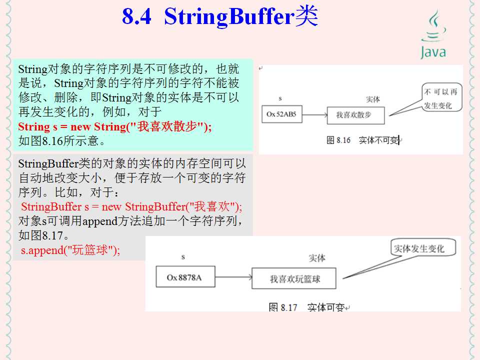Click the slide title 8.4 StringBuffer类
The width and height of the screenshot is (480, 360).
[220, 16]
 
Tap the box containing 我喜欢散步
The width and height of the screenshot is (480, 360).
[356, 115]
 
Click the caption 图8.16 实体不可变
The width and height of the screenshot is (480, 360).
[363, 140]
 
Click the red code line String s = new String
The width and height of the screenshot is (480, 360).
[115, 126]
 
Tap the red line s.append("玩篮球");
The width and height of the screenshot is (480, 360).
[70, 250]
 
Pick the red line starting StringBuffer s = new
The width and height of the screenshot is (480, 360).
[131, 206]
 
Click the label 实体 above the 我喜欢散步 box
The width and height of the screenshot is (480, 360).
[373, 99]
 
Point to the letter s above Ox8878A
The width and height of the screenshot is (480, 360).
[183, 257]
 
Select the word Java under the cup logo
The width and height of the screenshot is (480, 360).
[433, 52]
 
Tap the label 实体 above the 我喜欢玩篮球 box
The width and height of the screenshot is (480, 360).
[317, 258]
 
